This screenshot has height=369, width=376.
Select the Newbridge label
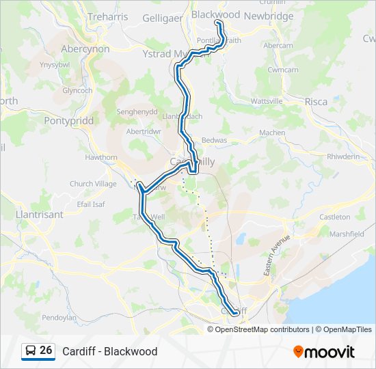pos(268,16)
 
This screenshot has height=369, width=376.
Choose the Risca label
pos(316,102)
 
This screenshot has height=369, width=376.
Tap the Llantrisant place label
pos(39,215)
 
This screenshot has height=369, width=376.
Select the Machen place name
pos(272,133)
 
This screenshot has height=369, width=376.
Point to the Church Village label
pos(93,184)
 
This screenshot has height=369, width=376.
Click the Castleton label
pos(334,217)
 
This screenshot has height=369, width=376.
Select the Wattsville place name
pos(267,101)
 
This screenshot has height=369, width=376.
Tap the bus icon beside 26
pos(30,351)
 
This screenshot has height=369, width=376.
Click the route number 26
pos(46,351)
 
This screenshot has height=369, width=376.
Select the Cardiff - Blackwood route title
pos(109,351)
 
